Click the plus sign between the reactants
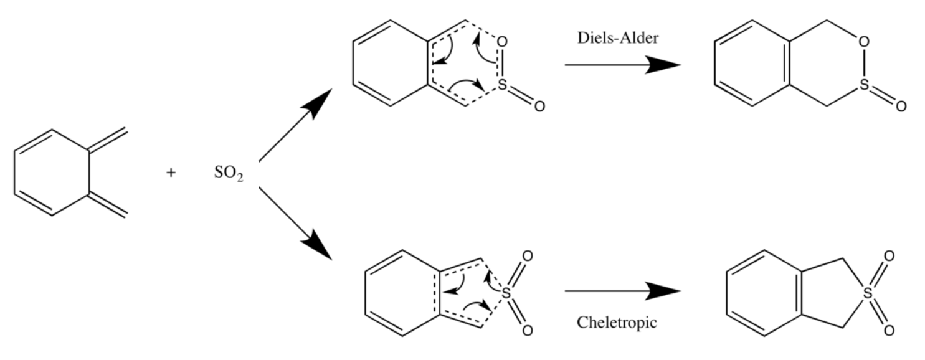pyautogui.click(x=171, y=173)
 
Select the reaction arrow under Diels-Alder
pyautogui.click(x=622, y=65)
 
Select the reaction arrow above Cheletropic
pyautogui.click(x=622, y=291)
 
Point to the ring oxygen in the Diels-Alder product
pyautogui.click(x=863, y=42)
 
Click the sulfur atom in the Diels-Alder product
pyautogui.click(x=863, y=85)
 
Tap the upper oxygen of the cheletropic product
pyautogui.click(x=889, y=256)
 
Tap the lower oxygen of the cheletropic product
pyautogui.click(x=889, y=329)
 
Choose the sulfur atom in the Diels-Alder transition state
pyautogui.click(x=502, y=85)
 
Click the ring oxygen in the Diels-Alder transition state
pyautogui.click(x=503, y=42)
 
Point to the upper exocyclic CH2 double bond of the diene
pyautogui.click(x=108, y=140)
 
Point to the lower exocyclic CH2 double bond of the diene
pyautogui.click(x=108, y=205)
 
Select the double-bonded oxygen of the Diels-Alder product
pyautogui.click(x=901, y=106)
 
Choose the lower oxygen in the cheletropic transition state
pyautogui.click(x=528, y=329)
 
